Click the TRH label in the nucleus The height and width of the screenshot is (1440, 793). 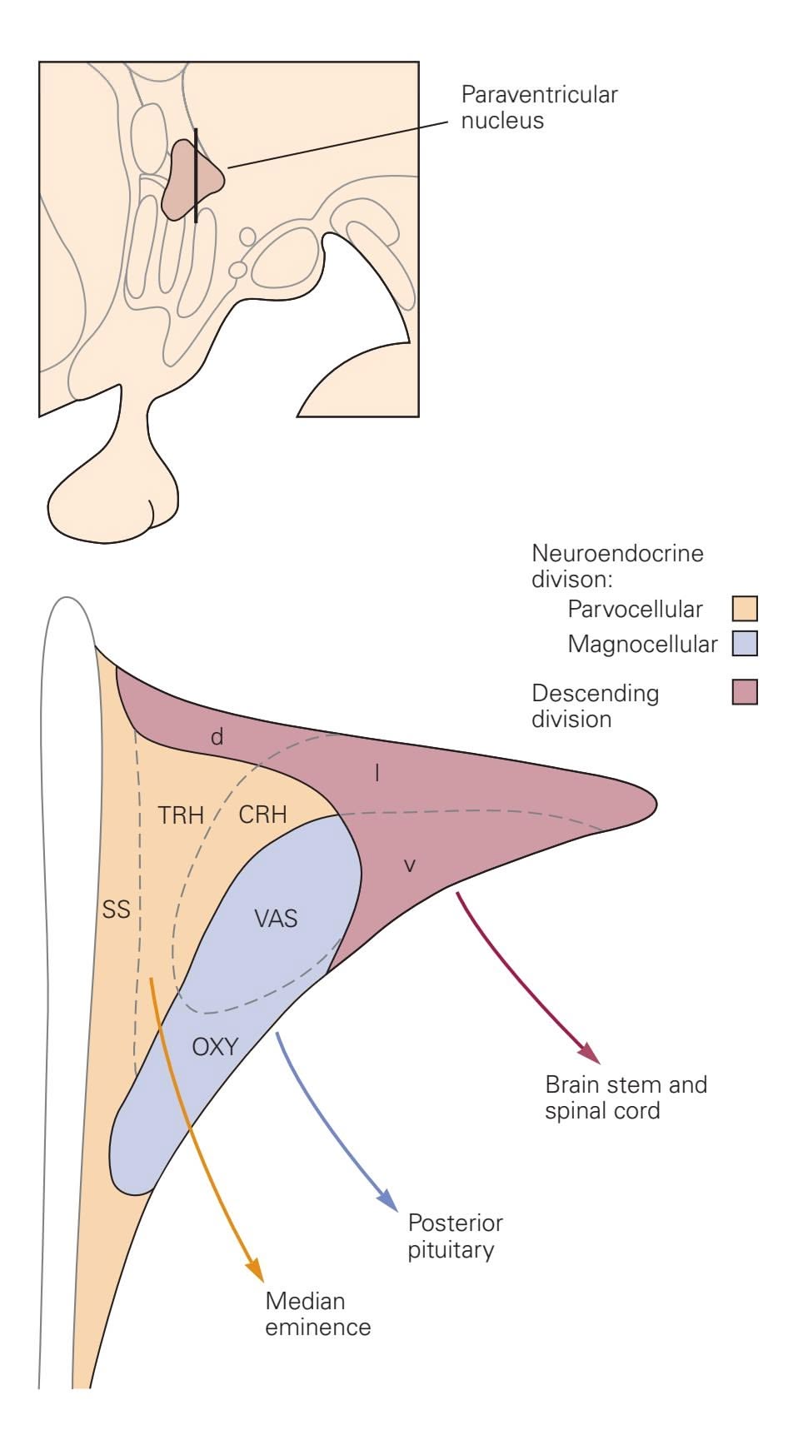(181, 815)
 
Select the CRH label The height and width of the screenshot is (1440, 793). (262, 815)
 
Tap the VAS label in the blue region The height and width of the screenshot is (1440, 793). (276, 919)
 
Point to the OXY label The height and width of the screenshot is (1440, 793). (215, 1047)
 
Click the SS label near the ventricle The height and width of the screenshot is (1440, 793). (117, 909)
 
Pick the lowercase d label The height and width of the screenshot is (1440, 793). (217, 737)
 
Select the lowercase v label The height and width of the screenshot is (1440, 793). (409, 865)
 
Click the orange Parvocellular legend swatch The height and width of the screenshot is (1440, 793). (745, 609)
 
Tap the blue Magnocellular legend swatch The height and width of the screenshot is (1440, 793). (745, 644)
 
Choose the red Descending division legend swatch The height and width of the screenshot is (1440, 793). (745, 692)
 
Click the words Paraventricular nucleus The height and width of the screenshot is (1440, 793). (539, 107)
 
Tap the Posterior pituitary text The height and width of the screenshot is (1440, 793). (455, 1237)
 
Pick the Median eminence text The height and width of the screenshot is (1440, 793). (317, 1314)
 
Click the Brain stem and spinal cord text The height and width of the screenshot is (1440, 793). (626, 1098)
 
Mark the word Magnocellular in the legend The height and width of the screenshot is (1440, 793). (642, 645)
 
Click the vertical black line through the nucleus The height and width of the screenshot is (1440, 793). (196, 175)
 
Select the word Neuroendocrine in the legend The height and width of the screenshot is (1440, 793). (617, 554)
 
